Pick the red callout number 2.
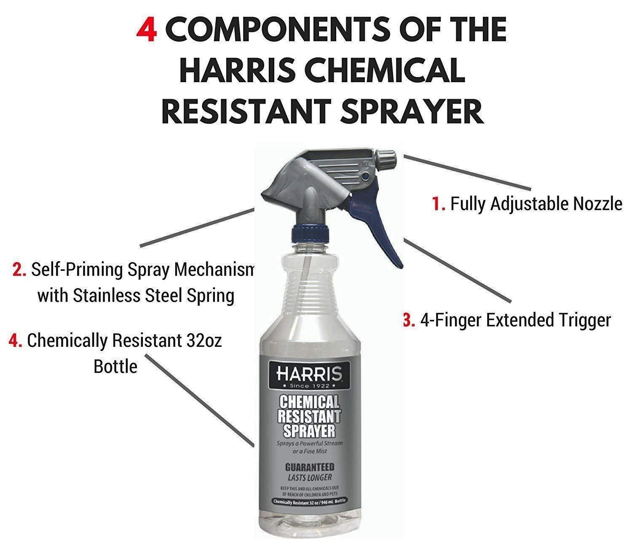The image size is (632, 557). pos(19,270)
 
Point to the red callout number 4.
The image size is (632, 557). pos(15,341)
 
